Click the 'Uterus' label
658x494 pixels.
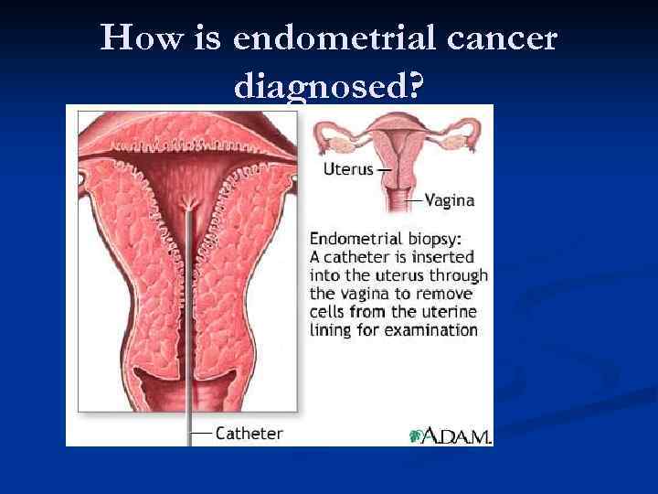click(347, 169)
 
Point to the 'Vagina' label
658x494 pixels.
click(451, 199)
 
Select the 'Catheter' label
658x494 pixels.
click(249, 433)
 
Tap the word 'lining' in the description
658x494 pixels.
click(331, 329)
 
